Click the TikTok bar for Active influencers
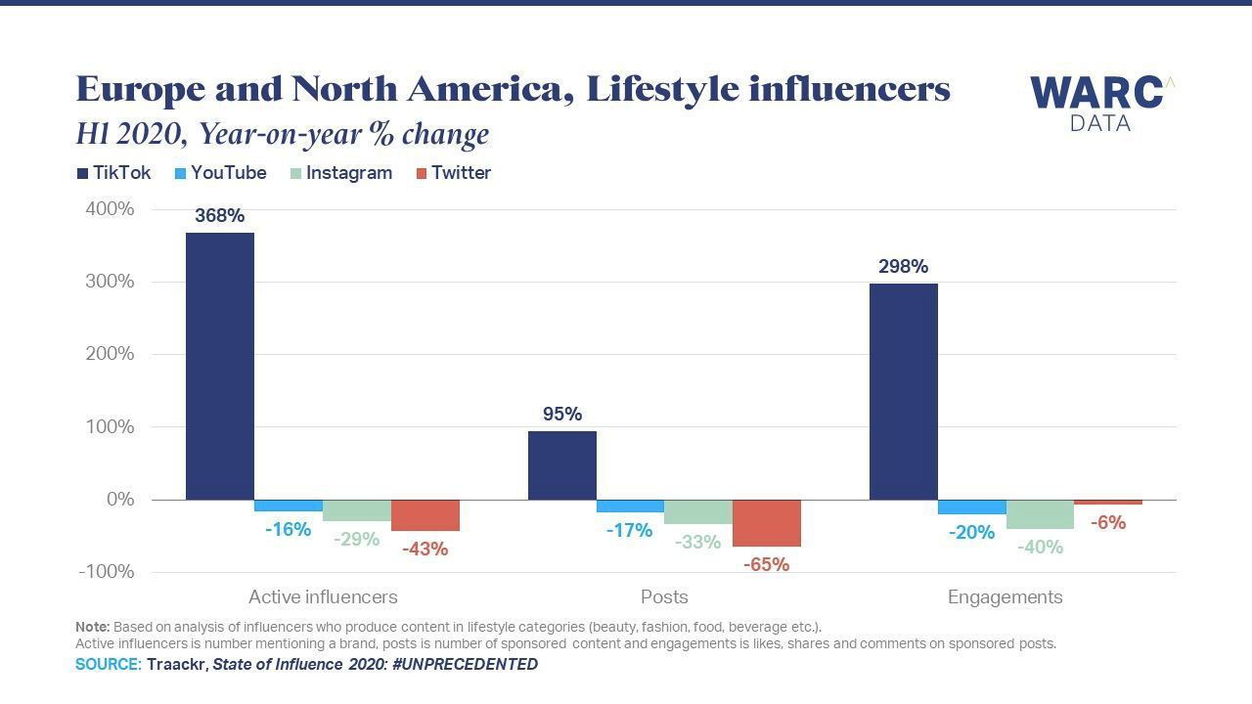220,366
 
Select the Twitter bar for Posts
767,523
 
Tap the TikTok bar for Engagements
904,391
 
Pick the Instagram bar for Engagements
1040,514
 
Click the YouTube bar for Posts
630,506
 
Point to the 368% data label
220,216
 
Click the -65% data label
766,565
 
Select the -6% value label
1108,523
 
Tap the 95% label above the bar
562,415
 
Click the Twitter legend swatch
422,173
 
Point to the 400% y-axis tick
110,209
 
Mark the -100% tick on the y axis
106,572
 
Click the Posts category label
664,597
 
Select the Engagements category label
1005,597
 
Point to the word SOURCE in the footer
109,665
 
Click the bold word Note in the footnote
92,627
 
